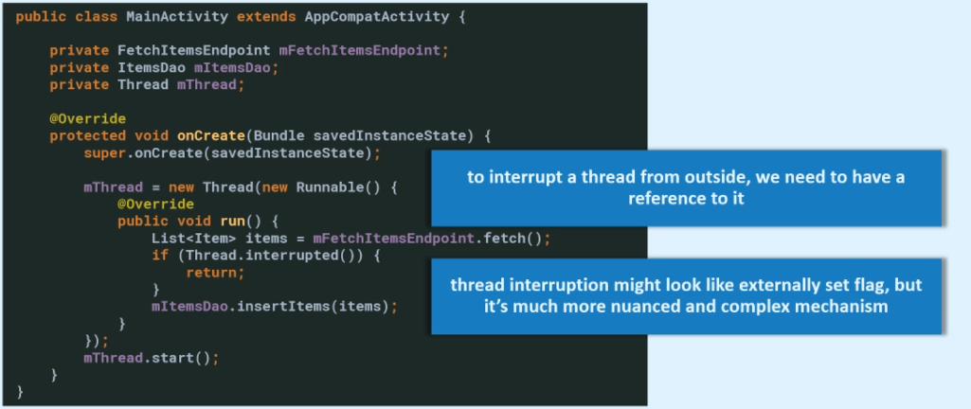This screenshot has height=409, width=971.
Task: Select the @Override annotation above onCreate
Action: pyautogui.click(x=87, y=118)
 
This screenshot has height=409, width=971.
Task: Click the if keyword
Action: pyautogui.click(x=159, y=255)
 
